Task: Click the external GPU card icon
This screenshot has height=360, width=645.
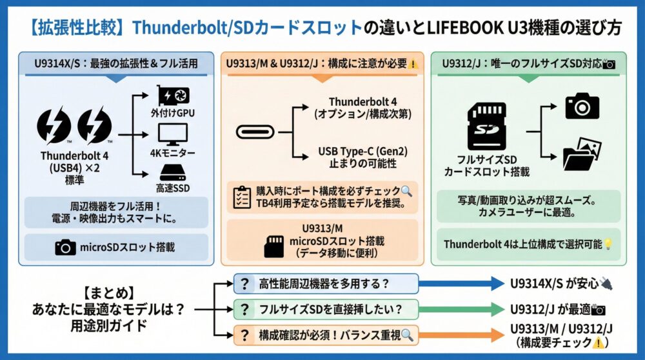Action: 172,97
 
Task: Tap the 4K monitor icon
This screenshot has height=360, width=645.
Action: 172,134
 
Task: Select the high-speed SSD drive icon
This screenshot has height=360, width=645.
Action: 172,173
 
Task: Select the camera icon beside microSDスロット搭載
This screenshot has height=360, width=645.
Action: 65,247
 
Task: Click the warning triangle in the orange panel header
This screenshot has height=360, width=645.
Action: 413,65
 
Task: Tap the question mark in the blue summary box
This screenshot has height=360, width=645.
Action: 244,284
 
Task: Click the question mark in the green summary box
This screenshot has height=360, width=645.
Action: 244,309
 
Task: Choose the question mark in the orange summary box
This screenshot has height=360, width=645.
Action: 244,334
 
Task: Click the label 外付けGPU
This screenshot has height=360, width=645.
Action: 172,114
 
